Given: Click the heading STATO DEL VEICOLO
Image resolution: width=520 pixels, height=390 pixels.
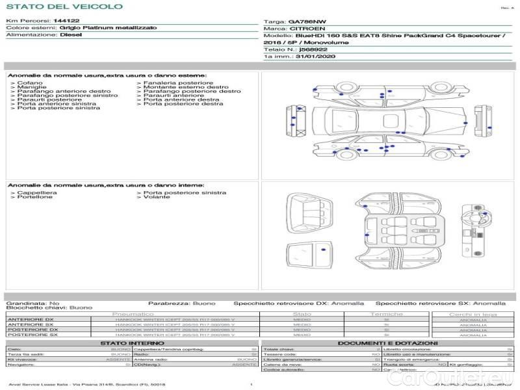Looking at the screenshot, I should (64, 6).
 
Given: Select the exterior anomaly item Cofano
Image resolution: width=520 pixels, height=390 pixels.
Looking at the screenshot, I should (30, 83).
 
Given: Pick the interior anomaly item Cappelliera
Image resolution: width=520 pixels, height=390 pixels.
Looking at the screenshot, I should (36, 192).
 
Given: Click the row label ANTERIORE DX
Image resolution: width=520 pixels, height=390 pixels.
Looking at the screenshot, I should (30, 319).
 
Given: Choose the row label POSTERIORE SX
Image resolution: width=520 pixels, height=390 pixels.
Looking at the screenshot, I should (32, 335).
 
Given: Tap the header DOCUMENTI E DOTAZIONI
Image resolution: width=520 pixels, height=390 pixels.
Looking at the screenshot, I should (387, 343).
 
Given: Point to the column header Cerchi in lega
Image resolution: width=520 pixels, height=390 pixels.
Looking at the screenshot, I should (473, 314).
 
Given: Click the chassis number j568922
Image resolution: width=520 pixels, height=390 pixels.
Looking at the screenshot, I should (313, 49).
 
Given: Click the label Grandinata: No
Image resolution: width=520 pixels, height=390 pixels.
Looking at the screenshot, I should (32, 303).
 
